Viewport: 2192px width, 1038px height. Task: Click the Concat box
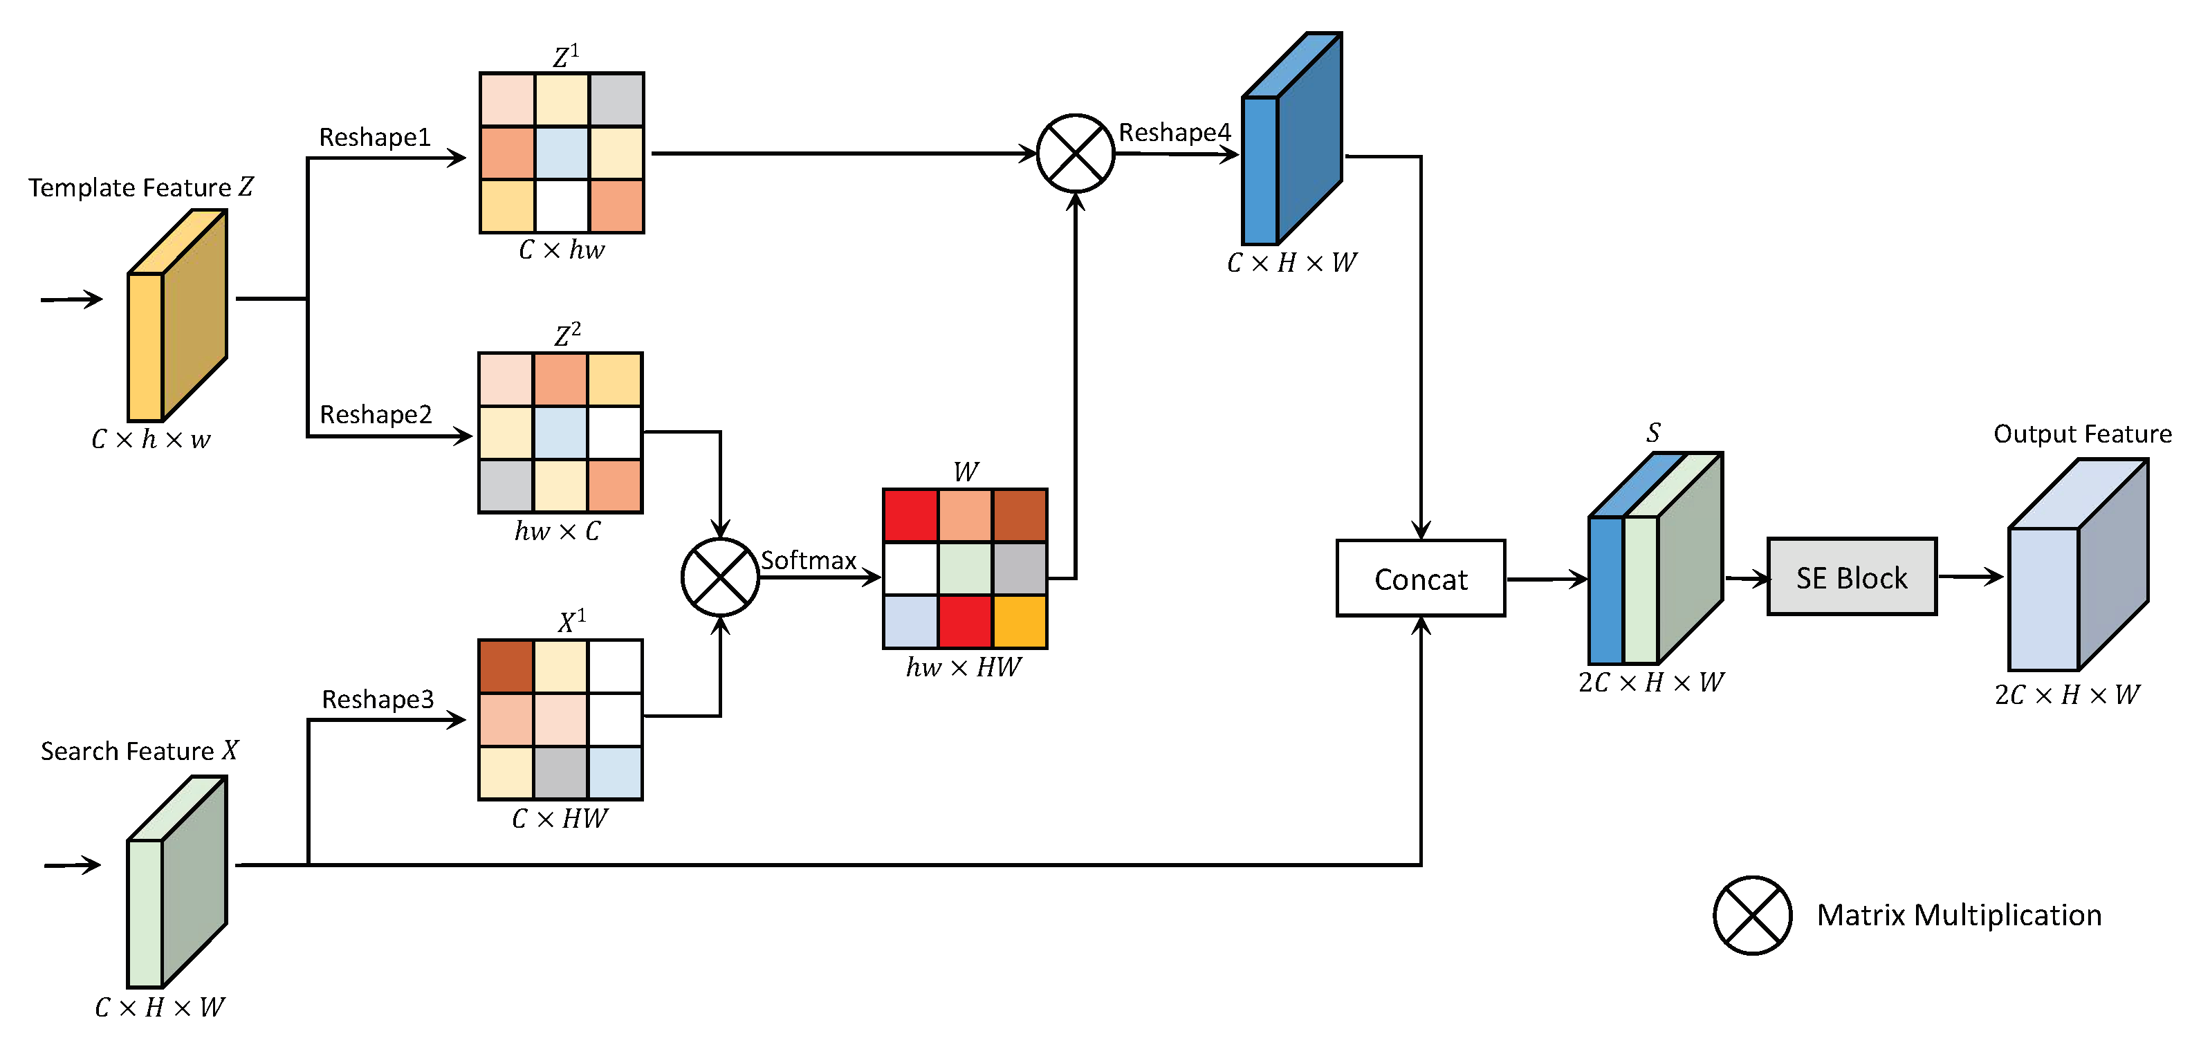(x=1420, y=579)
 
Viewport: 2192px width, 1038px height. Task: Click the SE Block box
(x=1852, y=577)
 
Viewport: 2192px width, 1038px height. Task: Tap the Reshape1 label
(x=374, y=137)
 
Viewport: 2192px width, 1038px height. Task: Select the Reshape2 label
(x=376, y=414)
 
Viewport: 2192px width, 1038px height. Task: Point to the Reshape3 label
(x=377, y=698)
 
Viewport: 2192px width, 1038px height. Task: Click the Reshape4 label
(x=1175, y=132)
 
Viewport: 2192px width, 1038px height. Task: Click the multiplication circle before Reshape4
(x=1076, y=153)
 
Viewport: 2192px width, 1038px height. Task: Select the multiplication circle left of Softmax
(x=720, y=577)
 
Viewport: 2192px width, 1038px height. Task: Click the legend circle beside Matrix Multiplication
(x=1752, y=915)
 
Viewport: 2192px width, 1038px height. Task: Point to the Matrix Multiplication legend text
(x=1959, y=915)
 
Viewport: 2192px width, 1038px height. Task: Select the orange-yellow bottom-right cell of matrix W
(x=1020, y=622)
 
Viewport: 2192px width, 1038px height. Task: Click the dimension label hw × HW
(x=964, y=667)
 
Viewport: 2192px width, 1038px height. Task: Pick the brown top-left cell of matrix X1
(x=506, y=666)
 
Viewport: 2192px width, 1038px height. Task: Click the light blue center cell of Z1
(x=562, y=152)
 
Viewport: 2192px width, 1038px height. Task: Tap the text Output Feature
(x=2082, y=434)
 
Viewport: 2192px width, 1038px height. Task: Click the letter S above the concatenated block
(x=1652, y=433)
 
